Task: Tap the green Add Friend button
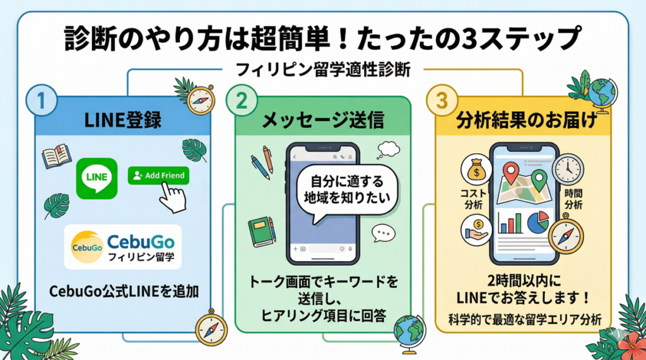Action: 158,175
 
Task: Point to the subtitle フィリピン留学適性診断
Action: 322,69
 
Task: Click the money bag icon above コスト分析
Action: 476,170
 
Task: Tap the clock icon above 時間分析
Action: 567,169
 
